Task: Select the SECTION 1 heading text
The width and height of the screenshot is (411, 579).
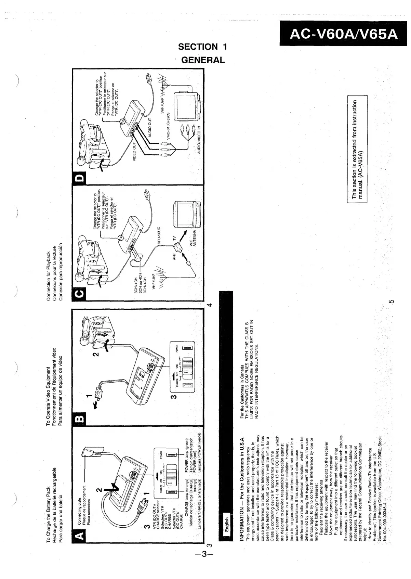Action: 202,47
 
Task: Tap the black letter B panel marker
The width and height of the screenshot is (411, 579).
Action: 79,418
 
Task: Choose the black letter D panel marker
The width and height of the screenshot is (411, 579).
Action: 79,178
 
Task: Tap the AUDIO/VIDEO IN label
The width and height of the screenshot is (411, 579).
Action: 199,140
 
